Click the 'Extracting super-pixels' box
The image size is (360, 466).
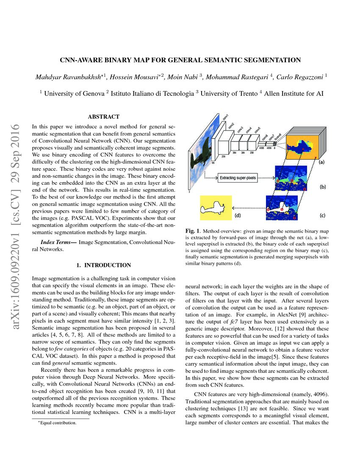point(237,178)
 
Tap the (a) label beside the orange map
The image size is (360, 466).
point(322,162)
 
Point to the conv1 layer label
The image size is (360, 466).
point(225,116)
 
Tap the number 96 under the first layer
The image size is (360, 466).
point(214,162)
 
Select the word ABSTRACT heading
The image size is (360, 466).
point(103,116)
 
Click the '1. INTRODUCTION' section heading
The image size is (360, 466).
point(103,265)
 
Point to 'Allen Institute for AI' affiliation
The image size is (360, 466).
point(294,93)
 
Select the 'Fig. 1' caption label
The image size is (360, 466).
point(192,231)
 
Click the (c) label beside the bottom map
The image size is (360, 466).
point(322,215)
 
